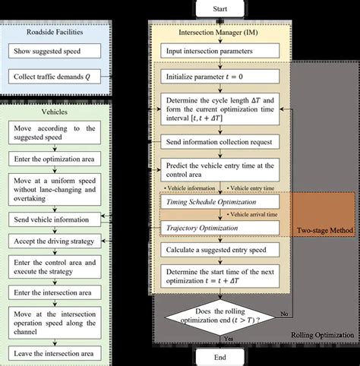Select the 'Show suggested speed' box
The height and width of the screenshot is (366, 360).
55,52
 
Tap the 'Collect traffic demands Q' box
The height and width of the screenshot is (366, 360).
55,77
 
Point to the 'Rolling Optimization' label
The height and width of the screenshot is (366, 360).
323,335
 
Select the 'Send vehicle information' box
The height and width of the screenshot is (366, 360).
55,219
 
